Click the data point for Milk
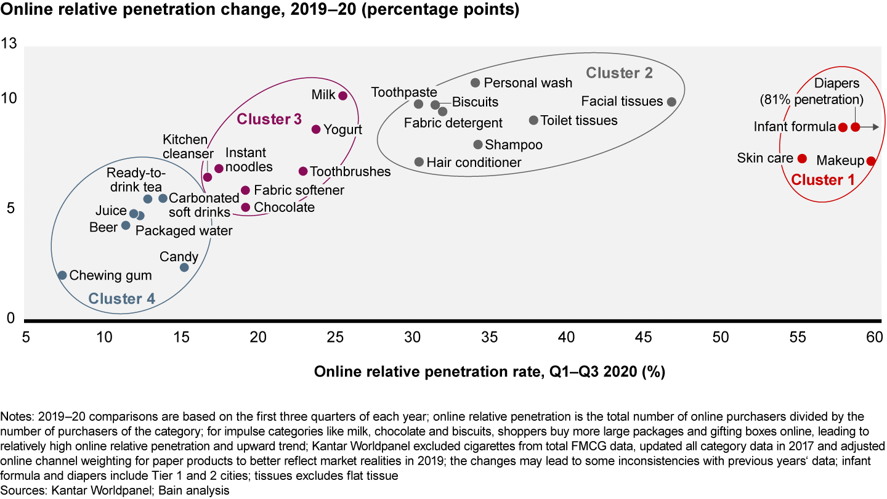343,95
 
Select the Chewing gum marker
62,275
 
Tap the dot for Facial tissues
671,102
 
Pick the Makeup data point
870,161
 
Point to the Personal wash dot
475,83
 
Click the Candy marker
184,267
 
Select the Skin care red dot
802,158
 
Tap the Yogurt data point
316,129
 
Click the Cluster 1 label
823,180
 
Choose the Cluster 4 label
121,299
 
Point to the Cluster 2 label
619,73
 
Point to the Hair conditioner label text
474,163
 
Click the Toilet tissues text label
578,121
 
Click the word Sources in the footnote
20,490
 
